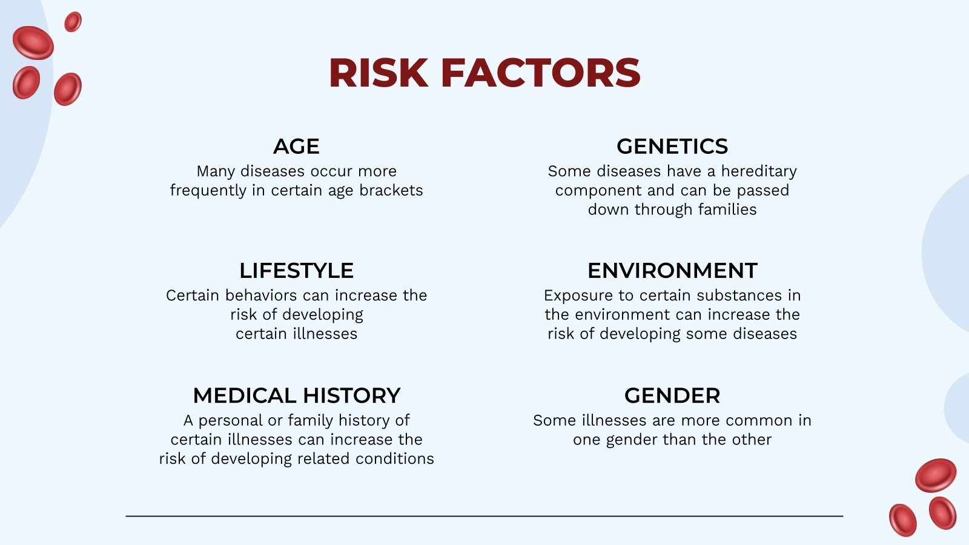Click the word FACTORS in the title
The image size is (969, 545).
[x=540, y=73]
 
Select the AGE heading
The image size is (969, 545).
[x=296, y=147]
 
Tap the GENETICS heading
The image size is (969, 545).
[x=672, y=147]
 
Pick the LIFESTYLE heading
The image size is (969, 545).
[x=296, y=271]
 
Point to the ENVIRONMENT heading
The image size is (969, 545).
[x=672, y=271]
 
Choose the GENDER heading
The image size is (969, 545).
[x=672, y=396]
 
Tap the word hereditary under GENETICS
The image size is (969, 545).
[x=759, y=172]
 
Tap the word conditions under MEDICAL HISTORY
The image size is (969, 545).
[x=394, y=459]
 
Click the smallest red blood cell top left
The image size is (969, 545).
[x=73, y=22]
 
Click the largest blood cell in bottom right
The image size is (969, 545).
[x=935, y=475]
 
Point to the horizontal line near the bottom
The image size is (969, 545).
[x=484, y=516]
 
